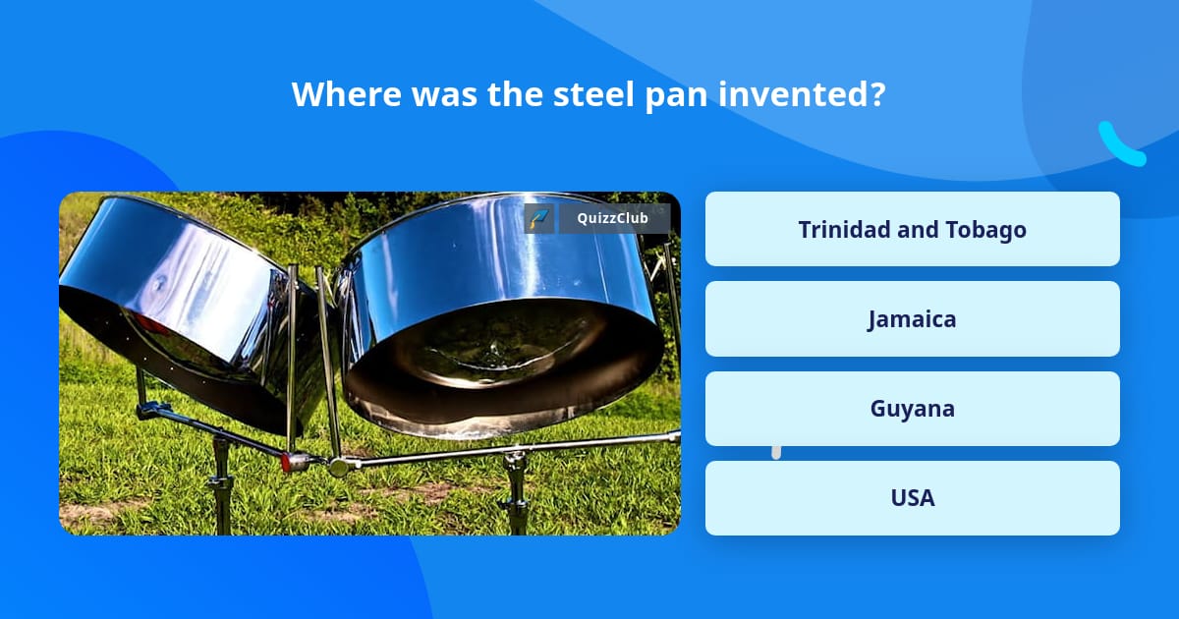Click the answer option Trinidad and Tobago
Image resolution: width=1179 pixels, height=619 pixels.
912,229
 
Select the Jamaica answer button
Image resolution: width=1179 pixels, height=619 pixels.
912,319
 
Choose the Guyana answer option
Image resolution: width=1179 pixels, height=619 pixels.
912,409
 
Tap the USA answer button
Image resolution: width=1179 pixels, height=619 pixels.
912,498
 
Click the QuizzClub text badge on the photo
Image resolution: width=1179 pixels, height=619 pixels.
614,218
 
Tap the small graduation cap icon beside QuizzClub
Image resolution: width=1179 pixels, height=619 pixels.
538,218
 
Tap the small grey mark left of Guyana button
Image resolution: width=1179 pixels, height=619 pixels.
776,452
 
